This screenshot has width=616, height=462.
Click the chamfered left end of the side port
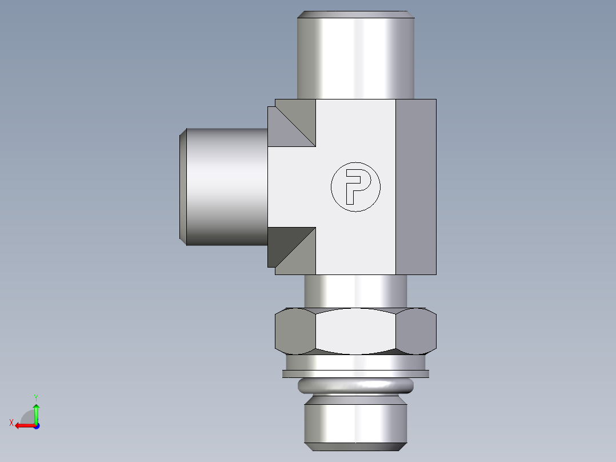(183, 186)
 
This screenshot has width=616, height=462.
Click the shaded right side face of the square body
(416, 186)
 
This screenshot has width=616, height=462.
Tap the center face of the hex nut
(355, 332)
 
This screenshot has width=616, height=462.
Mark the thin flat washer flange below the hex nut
(355, 374)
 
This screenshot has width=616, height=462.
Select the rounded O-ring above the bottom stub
(355, 387)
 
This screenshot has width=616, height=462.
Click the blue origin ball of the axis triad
(36, 425)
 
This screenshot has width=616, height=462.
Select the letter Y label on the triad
(35, 397)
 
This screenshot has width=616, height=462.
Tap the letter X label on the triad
(11, 423)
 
